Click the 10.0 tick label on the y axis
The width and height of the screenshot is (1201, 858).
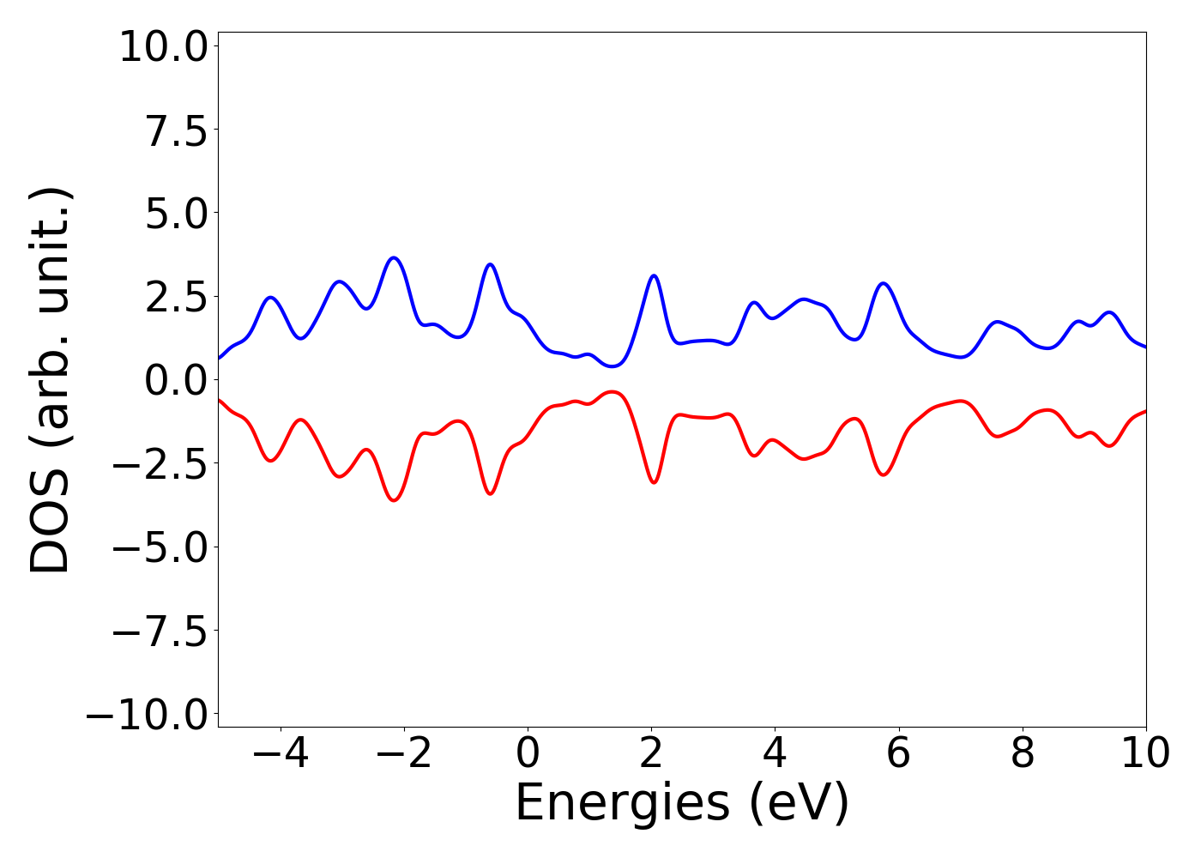[163, 46]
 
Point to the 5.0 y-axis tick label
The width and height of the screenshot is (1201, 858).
[177, 214]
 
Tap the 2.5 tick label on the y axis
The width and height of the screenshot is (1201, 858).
[177, 297]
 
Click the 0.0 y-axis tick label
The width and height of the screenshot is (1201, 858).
[177, 380]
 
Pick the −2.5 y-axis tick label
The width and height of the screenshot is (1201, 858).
[160, 464]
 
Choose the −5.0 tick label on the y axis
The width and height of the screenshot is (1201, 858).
[160, 547]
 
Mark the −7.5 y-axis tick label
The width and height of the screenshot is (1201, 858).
[160, 631]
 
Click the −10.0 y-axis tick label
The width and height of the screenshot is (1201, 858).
[147, 715]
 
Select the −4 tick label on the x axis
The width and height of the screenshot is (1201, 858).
[281, 753]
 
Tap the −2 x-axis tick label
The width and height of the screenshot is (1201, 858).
[404, 753]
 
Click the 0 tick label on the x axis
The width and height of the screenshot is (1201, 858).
[528, 753]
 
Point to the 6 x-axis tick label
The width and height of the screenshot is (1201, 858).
[898, 753]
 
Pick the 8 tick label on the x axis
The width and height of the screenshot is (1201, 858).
[1022, 753]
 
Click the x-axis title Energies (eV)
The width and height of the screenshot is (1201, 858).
[682, 804]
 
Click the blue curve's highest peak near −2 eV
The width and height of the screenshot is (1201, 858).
[394, 257]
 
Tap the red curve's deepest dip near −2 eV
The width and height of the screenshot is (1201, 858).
[394, 500]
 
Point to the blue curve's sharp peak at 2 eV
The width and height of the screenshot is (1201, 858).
[654, 275]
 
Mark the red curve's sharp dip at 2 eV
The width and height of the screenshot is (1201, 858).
[654, 482]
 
